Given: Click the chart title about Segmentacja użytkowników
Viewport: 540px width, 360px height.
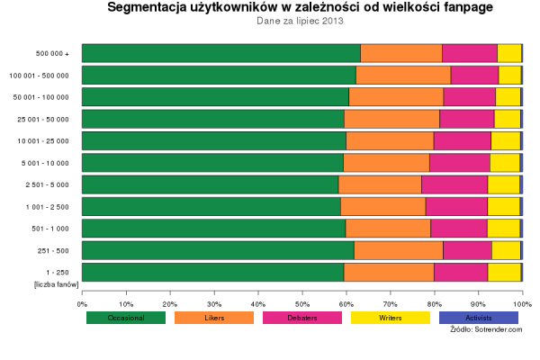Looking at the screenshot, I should point(301,8).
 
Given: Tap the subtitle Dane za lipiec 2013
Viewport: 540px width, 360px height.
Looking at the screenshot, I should point(301,22).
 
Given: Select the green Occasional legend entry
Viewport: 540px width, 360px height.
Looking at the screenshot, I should point(126,318).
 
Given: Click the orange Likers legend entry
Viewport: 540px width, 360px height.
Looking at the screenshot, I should point(214,318).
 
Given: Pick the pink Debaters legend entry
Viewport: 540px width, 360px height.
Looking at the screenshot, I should point(302,318).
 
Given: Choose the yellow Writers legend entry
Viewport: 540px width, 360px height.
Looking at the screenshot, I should point(391,318).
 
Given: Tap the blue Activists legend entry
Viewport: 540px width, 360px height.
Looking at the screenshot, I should point(479,318).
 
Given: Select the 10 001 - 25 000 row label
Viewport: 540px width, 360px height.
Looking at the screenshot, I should point(43,141).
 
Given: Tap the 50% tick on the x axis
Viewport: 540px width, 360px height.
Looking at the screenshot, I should point(302,292).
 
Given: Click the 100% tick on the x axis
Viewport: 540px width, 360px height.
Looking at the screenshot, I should point(522,292).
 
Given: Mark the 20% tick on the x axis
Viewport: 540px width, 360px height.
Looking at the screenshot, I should point(170,292).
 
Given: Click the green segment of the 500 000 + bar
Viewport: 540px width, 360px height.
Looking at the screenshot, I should point(220,53).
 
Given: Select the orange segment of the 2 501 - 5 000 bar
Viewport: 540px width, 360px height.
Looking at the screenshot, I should point(380,184).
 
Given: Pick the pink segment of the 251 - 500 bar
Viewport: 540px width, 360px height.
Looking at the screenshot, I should point(467,250).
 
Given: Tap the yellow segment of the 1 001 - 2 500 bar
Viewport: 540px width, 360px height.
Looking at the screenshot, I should point(503,207).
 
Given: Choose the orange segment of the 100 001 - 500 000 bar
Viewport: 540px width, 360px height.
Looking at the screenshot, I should point(403,75).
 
